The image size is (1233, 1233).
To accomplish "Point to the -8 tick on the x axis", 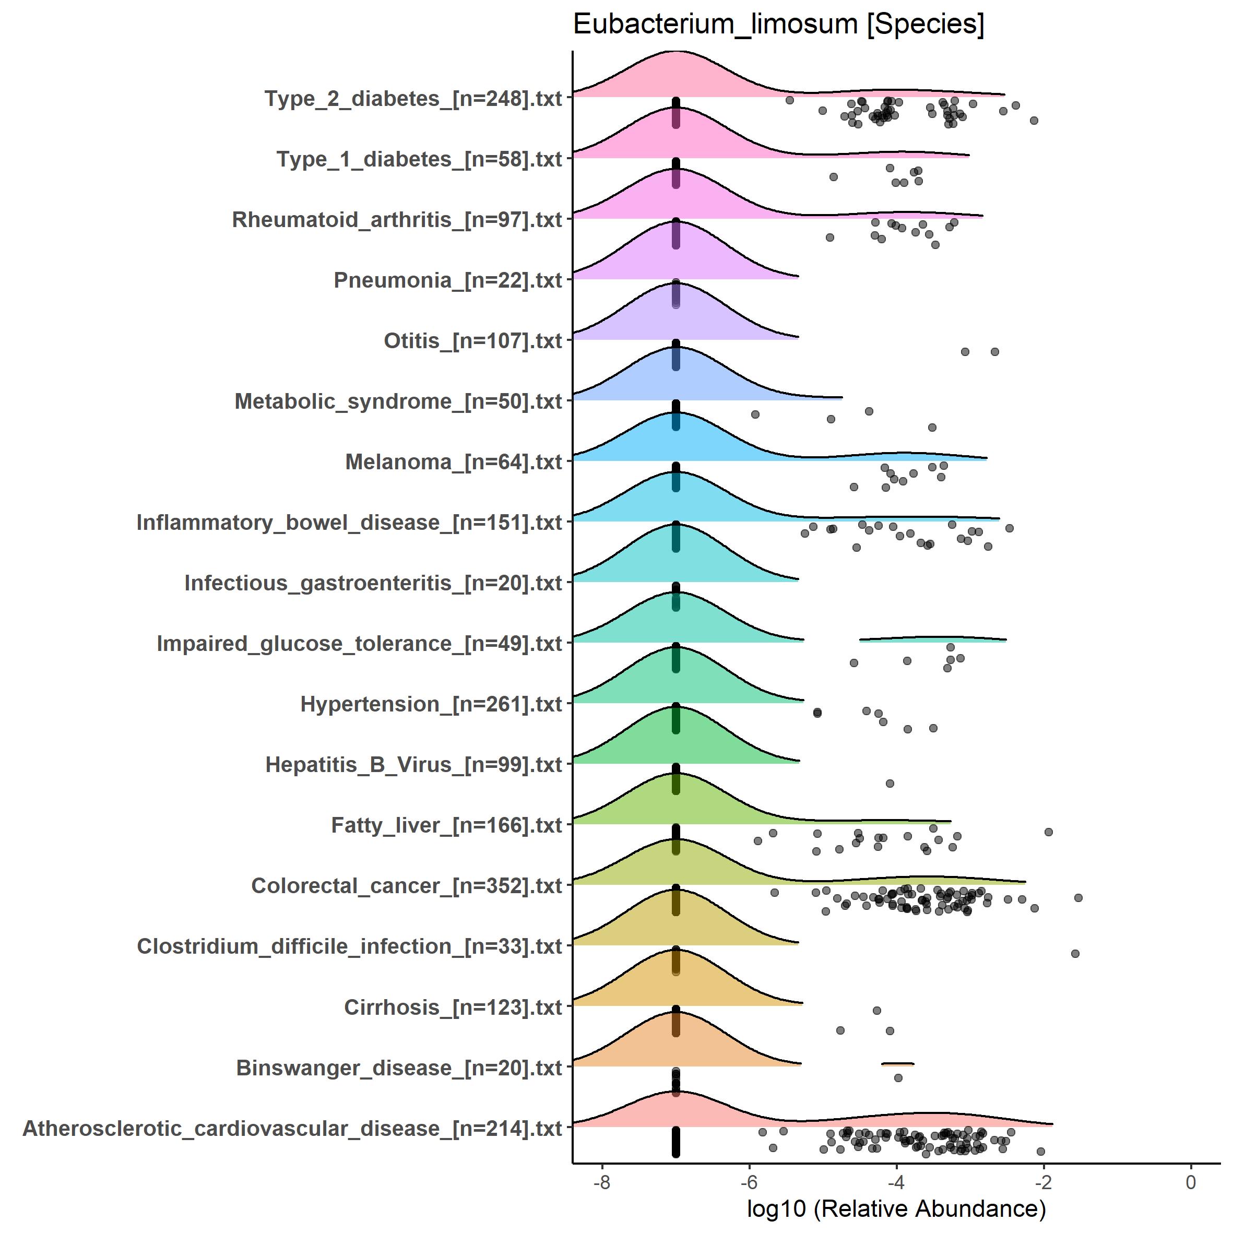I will (x=602, y=1182).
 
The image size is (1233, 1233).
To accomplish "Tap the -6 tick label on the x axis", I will (x=749, y=1182).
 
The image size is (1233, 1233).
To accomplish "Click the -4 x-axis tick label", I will (x=896, y=1182).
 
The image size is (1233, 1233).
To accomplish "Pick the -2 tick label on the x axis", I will (x=1043, y=1182).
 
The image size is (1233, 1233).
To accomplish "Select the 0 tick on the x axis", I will (x=1190, y=1182).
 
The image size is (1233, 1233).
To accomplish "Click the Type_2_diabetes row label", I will (x=413, y=99).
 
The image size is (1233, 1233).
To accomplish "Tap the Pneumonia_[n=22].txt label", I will (x=447, y=280).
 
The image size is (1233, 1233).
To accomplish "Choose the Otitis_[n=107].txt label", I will (x=472, y=341).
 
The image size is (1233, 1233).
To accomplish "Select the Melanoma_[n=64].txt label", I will (x=453, y=462).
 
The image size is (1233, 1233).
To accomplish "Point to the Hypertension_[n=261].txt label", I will (x=431, y=704).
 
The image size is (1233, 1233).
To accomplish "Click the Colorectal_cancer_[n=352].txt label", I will (x=406, y=886).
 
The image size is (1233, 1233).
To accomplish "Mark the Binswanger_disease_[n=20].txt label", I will (x=399, y=1068).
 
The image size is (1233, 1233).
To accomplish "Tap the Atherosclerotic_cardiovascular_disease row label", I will (x=292, y=1128).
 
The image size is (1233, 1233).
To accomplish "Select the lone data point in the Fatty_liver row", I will (x=890, y=783).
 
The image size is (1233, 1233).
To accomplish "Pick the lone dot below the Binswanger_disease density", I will (x=898, y=1078).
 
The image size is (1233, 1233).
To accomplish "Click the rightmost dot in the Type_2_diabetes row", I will (x=1034, y=121).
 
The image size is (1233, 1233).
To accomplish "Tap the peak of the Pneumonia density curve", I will (x=676, y=220).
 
